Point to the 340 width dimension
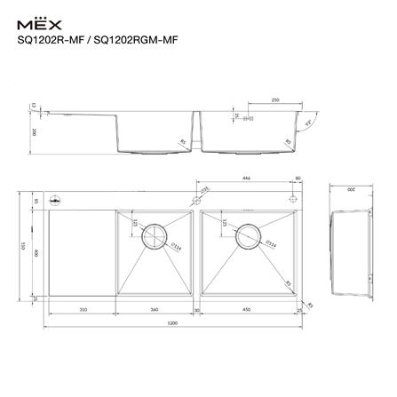155,309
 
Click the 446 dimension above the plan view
245,179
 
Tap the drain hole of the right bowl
249,234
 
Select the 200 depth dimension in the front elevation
34,131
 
